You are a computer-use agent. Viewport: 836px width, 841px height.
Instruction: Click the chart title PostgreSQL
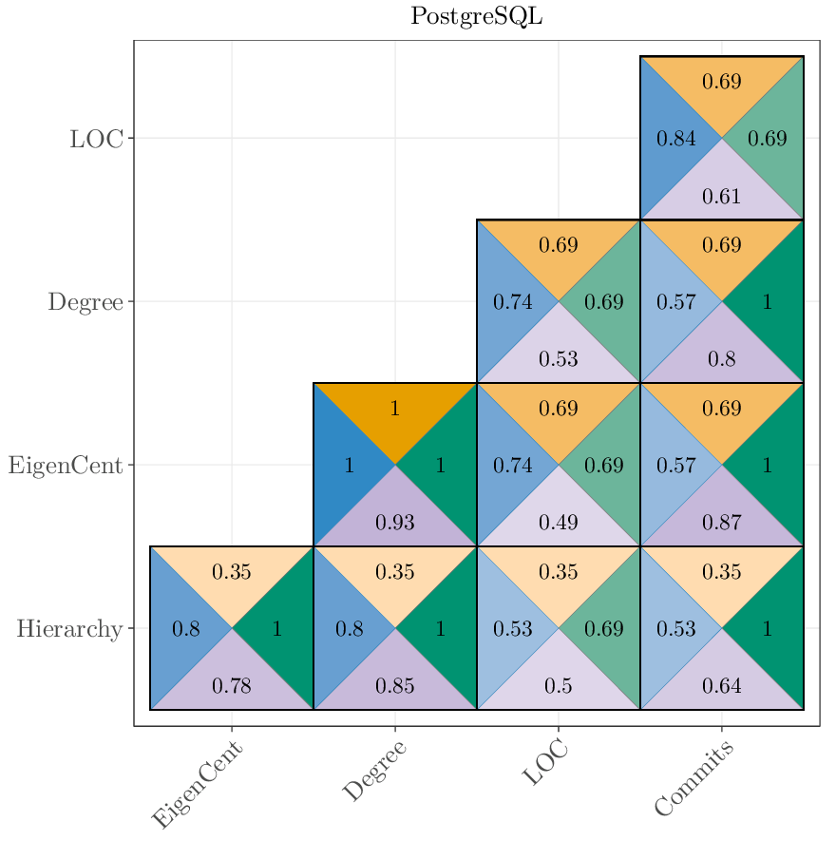pos(477,17)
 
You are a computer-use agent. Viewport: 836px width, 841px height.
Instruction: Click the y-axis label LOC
pos(96,139)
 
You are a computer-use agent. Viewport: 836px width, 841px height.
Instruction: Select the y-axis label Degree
pos(85,302)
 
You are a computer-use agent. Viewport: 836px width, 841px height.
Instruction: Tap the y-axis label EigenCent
pos(66,466)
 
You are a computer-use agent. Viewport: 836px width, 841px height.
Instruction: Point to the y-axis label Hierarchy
pos(69,629)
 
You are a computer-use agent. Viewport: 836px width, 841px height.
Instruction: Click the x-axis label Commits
pos(694,780)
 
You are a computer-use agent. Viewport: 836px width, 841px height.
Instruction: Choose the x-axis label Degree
pos(374,771)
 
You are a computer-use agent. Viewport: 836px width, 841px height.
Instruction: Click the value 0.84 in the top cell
pos(676,139)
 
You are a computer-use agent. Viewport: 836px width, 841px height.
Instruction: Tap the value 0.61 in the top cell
pos(721,197)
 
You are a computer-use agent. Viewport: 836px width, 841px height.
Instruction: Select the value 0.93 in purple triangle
pos(394,523)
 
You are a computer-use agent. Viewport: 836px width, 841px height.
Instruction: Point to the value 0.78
pos(231,685)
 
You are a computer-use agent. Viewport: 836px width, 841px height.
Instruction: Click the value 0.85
pos(394,685)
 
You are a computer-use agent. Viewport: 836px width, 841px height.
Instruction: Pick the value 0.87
pos(721,523)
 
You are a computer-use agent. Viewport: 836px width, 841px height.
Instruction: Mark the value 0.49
pos(558,523)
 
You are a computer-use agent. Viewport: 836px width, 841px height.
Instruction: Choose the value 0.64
pos(721,685)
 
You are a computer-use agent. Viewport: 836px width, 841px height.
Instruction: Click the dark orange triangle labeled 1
pos(394,410)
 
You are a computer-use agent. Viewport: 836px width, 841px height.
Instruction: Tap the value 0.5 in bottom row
pos(558,685)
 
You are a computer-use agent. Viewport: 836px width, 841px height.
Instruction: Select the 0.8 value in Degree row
pos(721,359)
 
